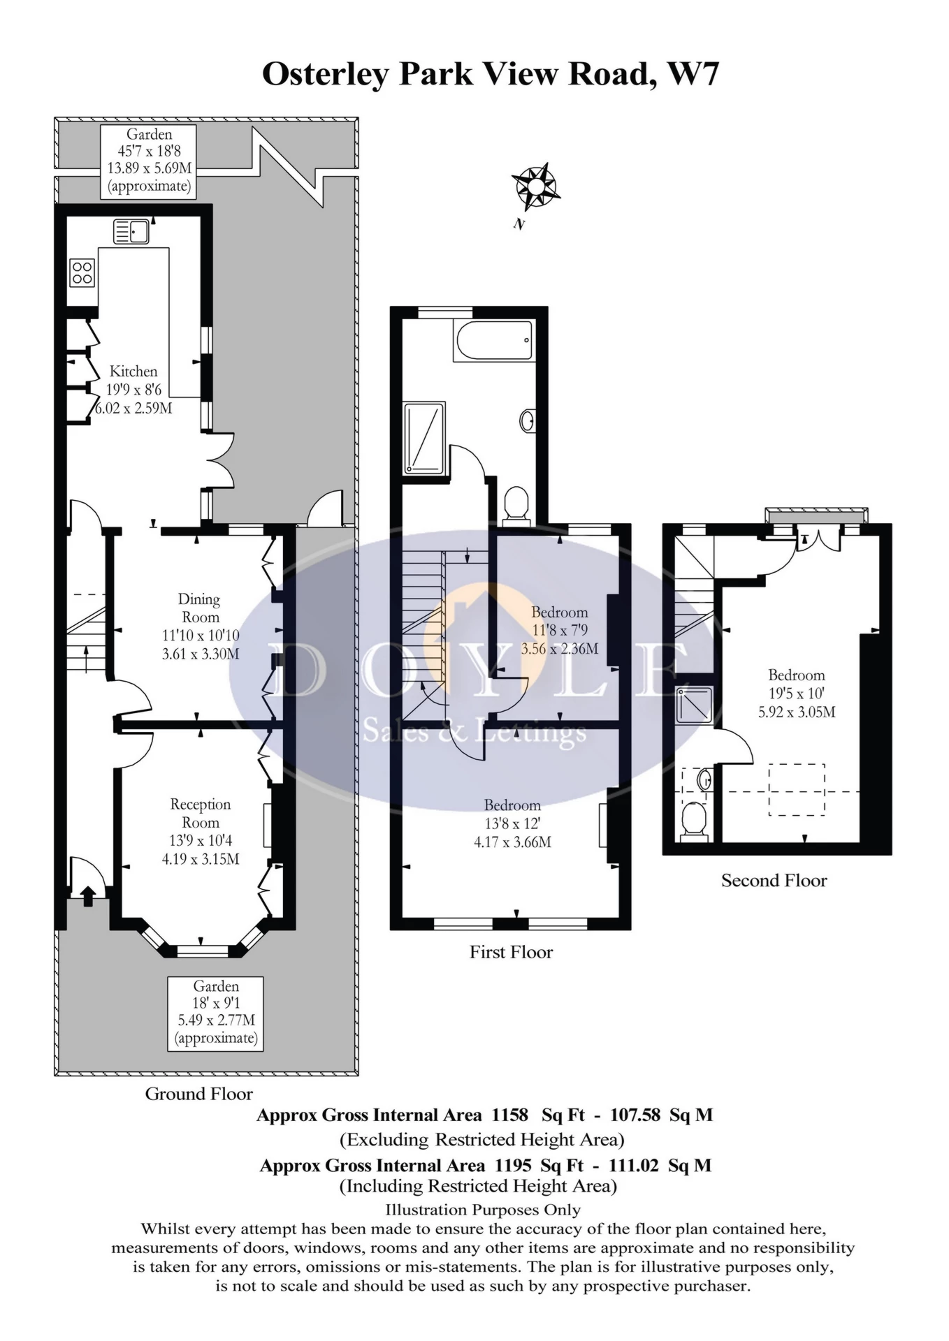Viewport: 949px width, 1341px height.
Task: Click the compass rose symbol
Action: coord(535,186)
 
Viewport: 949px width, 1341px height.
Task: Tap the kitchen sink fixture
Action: coord(131,231)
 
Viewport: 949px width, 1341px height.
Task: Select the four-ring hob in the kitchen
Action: coord(82,273)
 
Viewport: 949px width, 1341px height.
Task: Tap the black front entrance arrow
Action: coord(88,895)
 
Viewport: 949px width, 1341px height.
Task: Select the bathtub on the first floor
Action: coord(494,342)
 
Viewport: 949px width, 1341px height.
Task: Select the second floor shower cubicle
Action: coord(695,705)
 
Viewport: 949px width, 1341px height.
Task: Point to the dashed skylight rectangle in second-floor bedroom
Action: coord(797,789)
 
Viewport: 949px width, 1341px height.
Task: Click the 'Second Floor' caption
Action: coord(774,881)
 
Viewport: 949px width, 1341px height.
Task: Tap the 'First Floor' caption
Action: coord(511,952)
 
